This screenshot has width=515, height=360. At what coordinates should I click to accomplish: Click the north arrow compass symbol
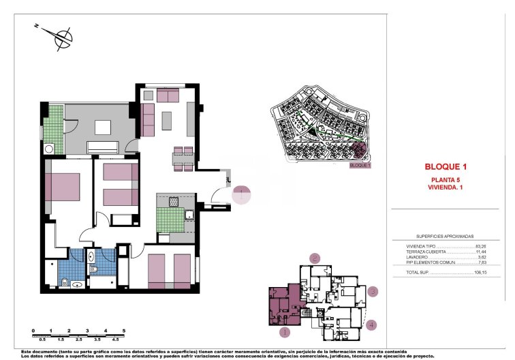click(63, 37)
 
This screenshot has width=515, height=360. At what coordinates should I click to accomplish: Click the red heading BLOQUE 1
click(446, 166)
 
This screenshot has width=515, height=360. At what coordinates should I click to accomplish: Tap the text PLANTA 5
click(446, 179)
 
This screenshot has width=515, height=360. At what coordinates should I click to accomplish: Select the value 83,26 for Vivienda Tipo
click(482, 246)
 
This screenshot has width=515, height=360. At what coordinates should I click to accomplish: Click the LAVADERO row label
click(417, 257)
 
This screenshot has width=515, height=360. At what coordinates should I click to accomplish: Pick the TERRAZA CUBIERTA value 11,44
click(482, 252)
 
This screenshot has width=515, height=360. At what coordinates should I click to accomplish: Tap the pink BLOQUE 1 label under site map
click(359, 165)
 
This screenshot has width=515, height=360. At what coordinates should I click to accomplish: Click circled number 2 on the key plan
click(314, 258)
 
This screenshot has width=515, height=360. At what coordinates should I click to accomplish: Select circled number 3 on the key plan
click(372, 292)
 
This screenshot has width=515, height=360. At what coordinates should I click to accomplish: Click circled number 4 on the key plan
click(371, 325)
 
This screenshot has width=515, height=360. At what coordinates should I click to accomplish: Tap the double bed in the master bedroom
click(62, 187)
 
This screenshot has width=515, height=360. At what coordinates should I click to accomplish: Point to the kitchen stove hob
click(173, 202)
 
